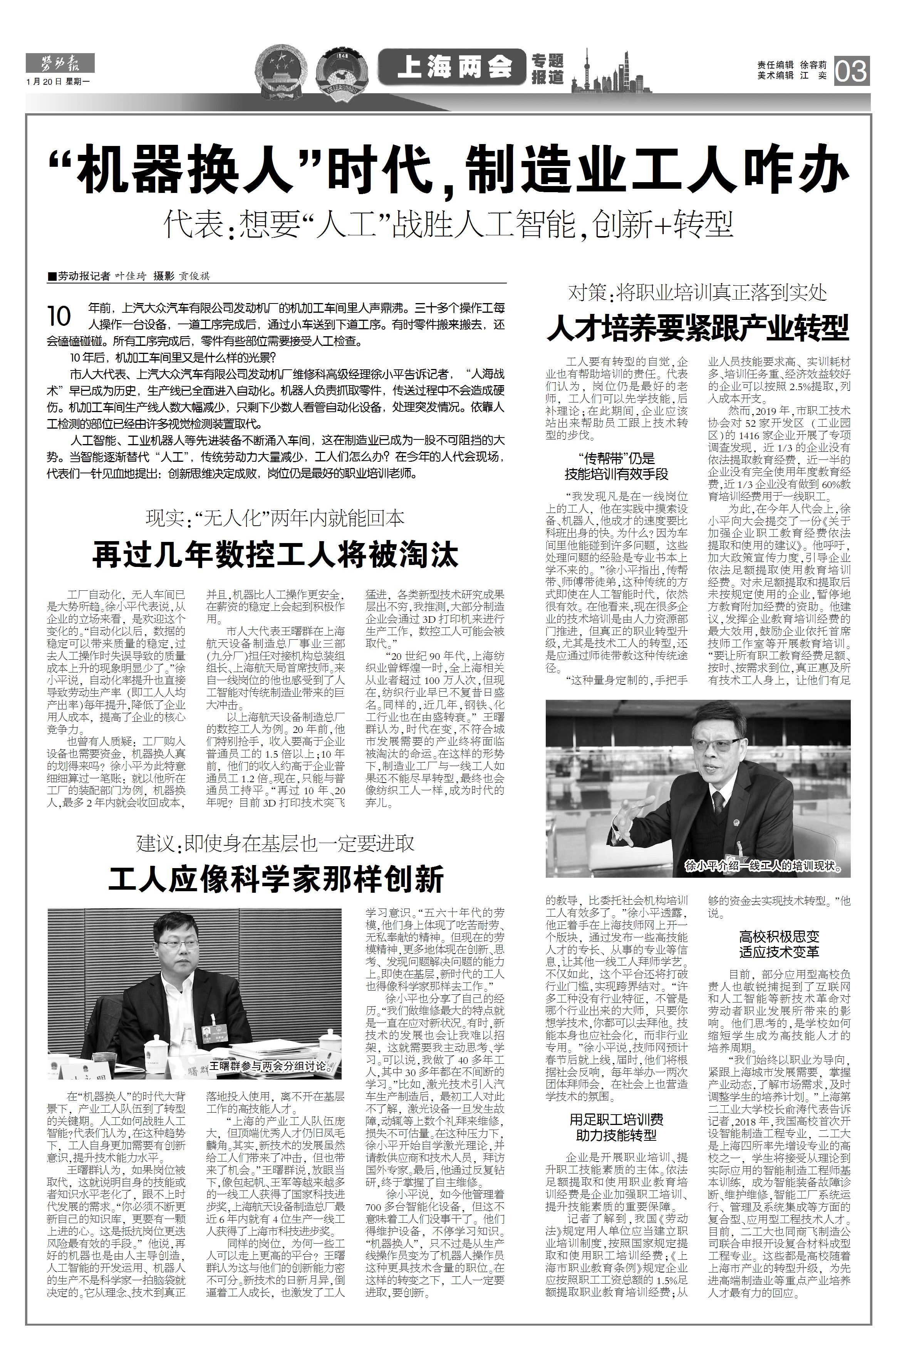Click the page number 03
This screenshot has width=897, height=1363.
click(x=852, y=72)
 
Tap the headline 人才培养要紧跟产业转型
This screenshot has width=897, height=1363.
click(x=697, y=327)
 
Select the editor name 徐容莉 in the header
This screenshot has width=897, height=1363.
click(x=814, y=65)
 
